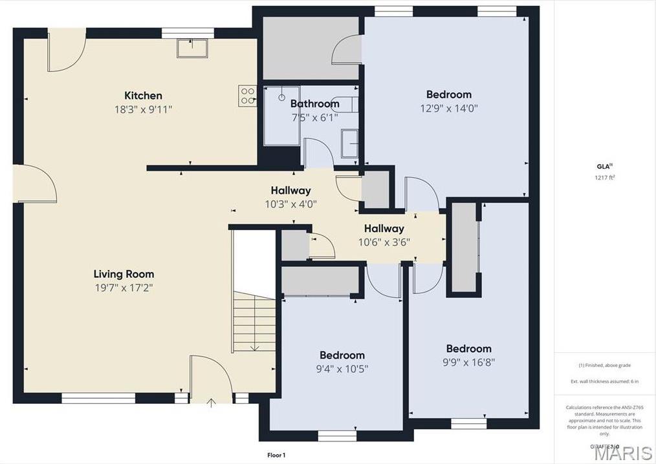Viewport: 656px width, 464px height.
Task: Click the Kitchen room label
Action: click(143, 96)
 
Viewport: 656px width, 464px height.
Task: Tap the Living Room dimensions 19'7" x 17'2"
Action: click(124, 287)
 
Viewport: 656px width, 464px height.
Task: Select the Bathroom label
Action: click(314, 103)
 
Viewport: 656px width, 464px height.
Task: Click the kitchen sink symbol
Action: click(193, 48)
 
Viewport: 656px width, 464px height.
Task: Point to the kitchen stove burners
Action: click(248, 96)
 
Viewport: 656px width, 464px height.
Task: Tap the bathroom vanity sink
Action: click(349, 143)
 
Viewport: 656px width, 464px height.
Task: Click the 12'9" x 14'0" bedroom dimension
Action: click(448, 109)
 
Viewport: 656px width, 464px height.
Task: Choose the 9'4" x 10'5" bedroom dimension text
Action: click(342, 369)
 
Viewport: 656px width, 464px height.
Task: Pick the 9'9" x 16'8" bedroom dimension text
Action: click(468, 363)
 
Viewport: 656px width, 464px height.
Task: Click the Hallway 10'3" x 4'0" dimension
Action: click(290, 204)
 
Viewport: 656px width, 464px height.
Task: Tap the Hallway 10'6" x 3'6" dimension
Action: click(384, 242)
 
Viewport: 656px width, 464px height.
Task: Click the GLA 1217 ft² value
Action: click(604, 178)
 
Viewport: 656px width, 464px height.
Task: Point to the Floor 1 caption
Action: click(276, 455)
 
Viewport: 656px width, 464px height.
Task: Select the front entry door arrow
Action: click(212, 404)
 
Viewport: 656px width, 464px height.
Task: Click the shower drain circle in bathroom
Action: click(282, 98)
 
